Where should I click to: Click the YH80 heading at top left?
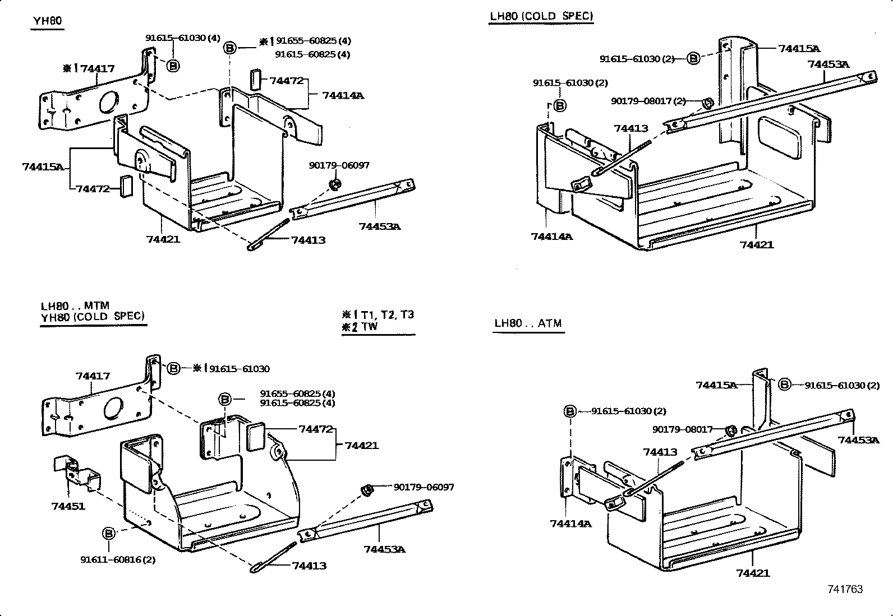[x=47, y=21]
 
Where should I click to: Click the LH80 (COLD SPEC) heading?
[x=541, y=16]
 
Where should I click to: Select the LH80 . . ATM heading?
[x=528, y=323]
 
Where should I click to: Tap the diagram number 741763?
[x=845, y=589]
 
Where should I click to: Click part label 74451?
[x=68, y=506]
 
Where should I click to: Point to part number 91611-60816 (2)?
[x=118, y=559]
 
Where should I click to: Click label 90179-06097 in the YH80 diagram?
[x=339, y=165]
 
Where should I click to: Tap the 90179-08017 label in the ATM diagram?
[x=682, y=429]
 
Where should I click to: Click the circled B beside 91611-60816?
[x=108, y=533]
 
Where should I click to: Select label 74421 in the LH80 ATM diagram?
[x=753, y=573]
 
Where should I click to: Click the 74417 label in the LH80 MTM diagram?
[x=93, y=376]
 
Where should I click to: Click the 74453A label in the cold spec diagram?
[x=828, y=64]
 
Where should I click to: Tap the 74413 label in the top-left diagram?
[x=308, y=240]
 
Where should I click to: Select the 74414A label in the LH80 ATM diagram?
[x=570, y=524]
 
